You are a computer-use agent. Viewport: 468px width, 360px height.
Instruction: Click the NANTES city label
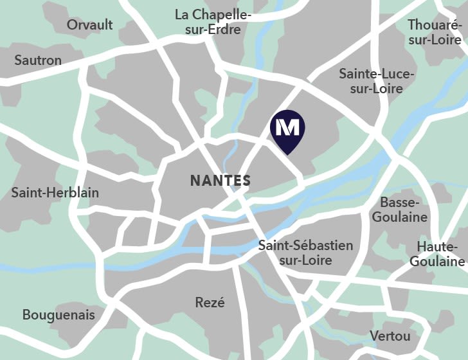pyautogui.click(x=220, y=181)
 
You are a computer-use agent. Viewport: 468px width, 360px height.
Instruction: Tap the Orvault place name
pyautogui.click(x=90, y=25)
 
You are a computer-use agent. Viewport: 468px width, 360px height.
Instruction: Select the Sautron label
pyautogui.click(x=38, y=60)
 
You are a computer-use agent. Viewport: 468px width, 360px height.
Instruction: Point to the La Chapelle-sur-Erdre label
pyautogui.click(x=213, y=22)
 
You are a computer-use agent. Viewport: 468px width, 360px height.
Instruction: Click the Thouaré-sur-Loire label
pyautogui.click(x=435, y=32)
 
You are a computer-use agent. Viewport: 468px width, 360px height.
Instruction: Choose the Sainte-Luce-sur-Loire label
pyautogui.click(x=377, y=81)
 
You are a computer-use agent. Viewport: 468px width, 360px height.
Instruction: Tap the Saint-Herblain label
pyautogui.click(x=55, y=193)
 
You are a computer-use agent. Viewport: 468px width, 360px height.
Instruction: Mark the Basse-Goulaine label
pyautogui.click(x=399, y=210)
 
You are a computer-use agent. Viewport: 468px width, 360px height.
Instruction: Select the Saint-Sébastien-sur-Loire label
pyautogui.click(x=305, y=253)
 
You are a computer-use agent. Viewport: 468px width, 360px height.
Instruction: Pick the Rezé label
pyautogui.click(x=210, y=302)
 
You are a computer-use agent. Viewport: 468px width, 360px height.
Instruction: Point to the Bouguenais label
pyautogui.click(x=59, y=315)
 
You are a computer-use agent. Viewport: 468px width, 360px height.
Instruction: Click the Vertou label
pyautogui.click(x=390, y=336)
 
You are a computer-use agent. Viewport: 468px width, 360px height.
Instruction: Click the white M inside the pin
pyautogui.click(x=287, y=127)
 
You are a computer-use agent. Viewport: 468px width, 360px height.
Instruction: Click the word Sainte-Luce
pyautogui.click(x=377, y=73)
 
